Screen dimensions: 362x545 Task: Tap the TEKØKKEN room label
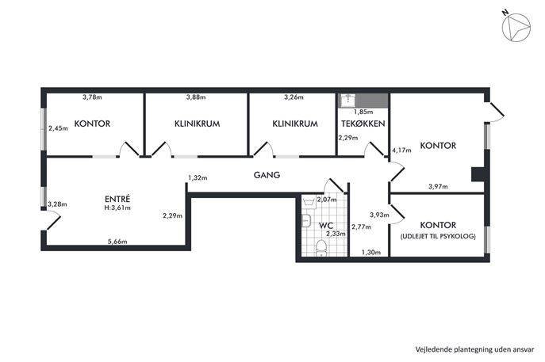click(363, 124)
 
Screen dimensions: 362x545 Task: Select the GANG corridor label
click(267, 175)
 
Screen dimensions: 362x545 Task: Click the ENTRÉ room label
click(117, 198)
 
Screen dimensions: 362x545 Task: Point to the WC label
click(325, 225)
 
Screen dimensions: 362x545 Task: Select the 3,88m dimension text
click(196, 97)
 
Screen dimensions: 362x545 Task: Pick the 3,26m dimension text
click(294, 97)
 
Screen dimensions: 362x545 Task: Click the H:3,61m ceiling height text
click(117, 208)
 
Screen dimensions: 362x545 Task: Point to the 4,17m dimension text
click(402, 150)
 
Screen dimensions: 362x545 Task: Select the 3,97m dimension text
click(438, 187)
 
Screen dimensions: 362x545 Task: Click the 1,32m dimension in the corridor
click(198, 178)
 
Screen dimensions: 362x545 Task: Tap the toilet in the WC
click(321, 251)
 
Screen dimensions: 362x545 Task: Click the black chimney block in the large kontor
click(477, 174)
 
